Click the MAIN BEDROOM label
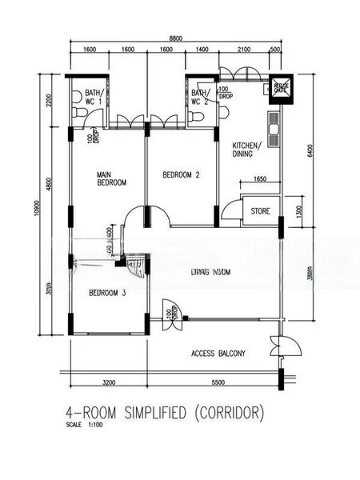tap(112, 178)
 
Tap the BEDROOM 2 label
tap(181, 174)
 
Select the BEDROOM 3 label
tap(106, 291)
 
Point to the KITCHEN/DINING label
tap(246, 150)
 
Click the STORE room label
tap(260, 212)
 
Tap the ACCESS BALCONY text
tap(218, 353)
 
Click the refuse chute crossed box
tap(282, 87)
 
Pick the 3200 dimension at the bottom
tap(109, 383)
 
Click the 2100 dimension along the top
tap(244, 50)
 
